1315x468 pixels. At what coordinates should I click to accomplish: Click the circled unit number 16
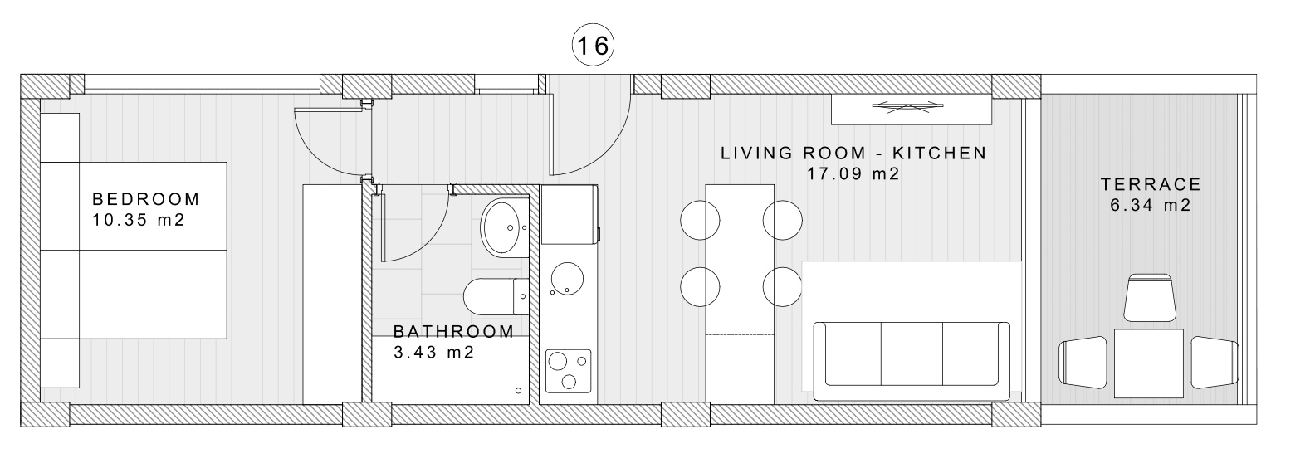pyautogui.click(x=593, y=45)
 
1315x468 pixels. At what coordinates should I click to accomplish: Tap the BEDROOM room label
pyautogui.click(x=146, y=199)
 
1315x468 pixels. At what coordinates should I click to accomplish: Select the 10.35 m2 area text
pyautogui.click(x=139, y=221)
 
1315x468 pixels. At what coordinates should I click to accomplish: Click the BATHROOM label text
pyautogui.click(x=454, y=332)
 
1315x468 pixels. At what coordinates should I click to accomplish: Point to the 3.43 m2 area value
pyautogui.click(x=434, y=353)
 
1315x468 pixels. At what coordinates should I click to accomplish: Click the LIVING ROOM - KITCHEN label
pyautogui.click(x=853, y=153)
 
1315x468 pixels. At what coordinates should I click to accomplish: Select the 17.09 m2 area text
pyautogui.click(x=853, y=174)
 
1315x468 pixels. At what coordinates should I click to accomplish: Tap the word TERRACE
pyautogui.click(x=1151, y=185)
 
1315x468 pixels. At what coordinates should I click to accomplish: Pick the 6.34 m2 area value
pyautogui.click(x=1151, y=205)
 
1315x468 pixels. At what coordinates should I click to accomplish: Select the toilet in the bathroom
pyautogui.click(x=496, y=297)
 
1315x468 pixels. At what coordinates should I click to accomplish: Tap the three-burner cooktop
pyautogui.click(x=569, y=371)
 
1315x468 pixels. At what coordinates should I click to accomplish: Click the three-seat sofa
pyautogui.click(x=912, y=361)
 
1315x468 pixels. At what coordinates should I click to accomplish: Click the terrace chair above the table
pyautogui.click(x=1150, y=297)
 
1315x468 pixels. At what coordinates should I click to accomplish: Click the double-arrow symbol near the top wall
pyautogui.click(x=909, y=106)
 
